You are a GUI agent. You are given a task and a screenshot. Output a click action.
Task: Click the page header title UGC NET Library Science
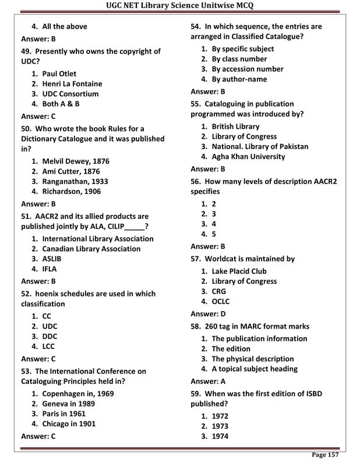click(179, 6)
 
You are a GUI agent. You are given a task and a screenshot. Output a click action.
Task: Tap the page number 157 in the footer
click(325, 454)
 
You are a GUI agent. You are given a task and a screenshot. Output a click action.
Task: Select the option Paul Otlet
click(59, 74)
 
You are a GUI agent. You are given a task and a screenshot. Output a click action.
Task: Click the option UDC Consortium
click(70, 94)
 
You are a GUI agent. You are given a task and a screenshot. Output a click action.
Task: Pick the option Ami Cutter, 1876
click(70, 171)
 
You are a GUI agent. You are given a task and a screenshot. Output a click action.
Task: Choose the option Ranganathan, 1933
click(75, 181)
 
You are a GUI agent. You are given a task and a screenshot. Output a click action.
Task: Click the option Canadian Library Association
click(91, 249)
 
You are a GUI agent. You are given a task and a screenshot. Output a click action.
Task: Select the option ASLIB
click(51, 259)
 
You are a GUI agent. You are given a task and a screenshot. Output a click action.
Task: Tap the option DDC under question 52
click(50, 336)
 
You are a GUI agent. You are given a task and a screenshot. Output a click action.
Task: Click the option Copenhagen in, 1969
click(77, 394)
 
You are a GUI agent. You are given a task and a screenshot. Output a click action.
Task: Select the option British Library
click(235, 126)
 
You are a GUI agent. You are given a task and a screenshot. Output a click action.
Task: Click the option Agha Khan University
click(248, 157)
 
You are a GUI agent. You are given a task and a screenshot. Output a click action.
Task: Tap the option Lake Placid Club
click(239, 271)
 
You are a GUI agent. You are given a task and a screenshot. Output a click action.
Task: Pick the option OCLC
click(220, 301)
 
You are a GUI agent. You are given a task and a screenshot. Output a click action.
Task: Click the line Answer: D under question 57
click(208, 314)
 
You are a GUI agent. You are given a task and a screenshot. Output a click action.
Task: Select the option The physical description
click(252, 359)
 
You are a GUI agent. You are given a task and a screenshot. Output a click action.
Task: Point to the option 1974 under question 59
click(220, 436)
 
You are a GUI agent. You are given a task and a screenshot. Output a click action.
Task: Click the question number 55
click(196, 104)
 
